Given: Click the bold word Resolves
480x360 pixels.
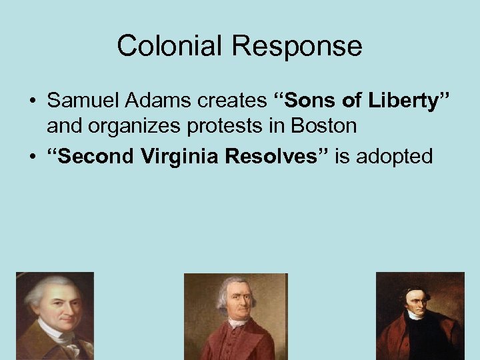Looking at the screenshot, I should (x=283, y=157).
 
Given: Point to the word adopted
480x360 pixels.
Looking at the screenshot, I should (x=395, y=157).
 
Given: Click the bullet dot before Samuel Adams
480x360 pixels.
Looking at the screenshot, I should (x=31, y=102).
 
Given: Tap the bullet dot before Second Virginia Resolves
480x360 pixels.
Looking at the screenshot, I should (x=31, y=157).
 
